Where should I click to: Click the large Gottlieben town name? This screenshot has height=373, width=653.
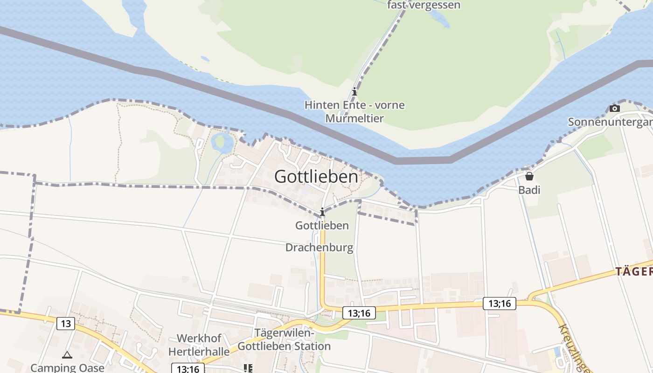click(x=316, y=177)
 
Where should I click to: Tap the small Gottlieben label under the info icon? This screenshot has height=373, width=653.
click(x=322, y=226)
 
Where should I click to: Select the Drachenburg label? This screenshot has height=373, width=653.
click(x=319, y=248)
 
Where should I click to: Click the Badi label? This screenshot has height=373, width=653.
click(x=529, y=190)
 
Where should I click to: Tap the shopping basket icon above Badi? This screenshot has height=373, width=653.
click(x=529, y=177)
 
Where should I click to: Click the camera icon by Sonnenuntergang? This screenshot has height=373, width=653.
click(x=615, y=109)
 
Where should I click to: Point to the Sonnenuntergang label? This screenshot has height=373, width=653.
click(x=610, y=122)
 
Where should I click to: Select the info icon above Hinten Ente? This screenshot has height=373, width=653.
click(x=354, y=91)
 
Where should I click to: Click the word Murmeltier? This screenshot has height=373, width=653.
click(x=354, y=118)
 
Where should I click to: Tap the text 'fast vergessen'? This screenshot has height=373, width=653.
click(x=424, y=5)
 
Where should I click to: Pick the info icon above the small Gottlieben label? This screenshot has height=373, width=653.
click(x=322, y=212)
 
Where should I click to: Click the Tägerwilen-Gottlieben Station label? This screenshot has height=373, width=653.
click(x=284, y=340)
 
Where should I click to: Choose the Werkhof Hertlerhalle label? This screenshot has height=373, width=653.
click(x=199, y=345)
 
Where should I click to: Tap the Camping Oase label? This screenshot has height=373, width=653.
click(x=67, y=367)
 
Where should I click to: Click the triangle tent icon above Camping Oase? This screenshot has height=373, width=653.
click(x=67, y=355)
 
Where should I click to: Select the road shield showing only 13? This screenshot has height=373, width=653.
click(x=66, y=323)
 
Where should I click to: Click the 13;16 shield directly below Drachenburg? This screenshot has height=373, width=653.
click(x=359, y=313)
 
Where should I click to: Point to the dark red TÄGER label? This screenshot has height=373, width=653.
click(x=634, y=272)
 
